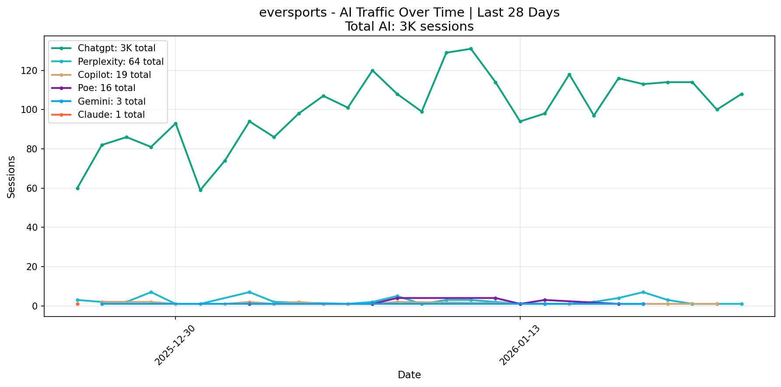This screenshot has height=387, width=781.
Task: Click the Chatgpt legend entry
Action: point(116,48)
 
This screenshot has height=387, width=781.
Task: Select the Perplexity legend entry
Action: point(120,62)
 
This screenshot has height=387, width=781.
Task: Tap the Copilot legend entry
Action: point(114,75)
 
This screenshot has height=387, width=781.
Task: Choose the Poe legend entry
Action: point(106,88)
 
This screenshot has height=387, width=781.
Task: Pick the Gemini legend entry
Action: point(111,102)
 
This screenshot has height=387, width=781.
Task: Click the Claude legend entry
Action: point(111,115)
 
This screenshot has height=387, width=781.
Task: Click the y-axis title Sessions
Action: point(11,177)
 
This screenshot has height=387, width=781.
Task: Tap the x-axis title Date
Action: point(409,375)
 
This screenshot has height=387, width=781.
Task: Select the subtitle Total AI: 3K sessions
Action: point(409,27)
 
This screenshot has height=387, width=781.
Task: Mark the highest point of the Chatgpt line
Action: point(471,49)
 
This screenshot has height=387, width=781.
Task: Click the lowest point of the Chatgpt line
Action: point(200,190)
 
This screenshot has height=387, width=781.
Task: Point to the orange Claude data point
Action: point(77,304)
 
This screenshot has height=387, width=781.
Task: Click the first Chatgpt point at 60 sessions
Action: point(77,188)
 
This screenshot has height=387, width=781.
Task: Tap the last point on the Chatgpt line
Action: point(742,94)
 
